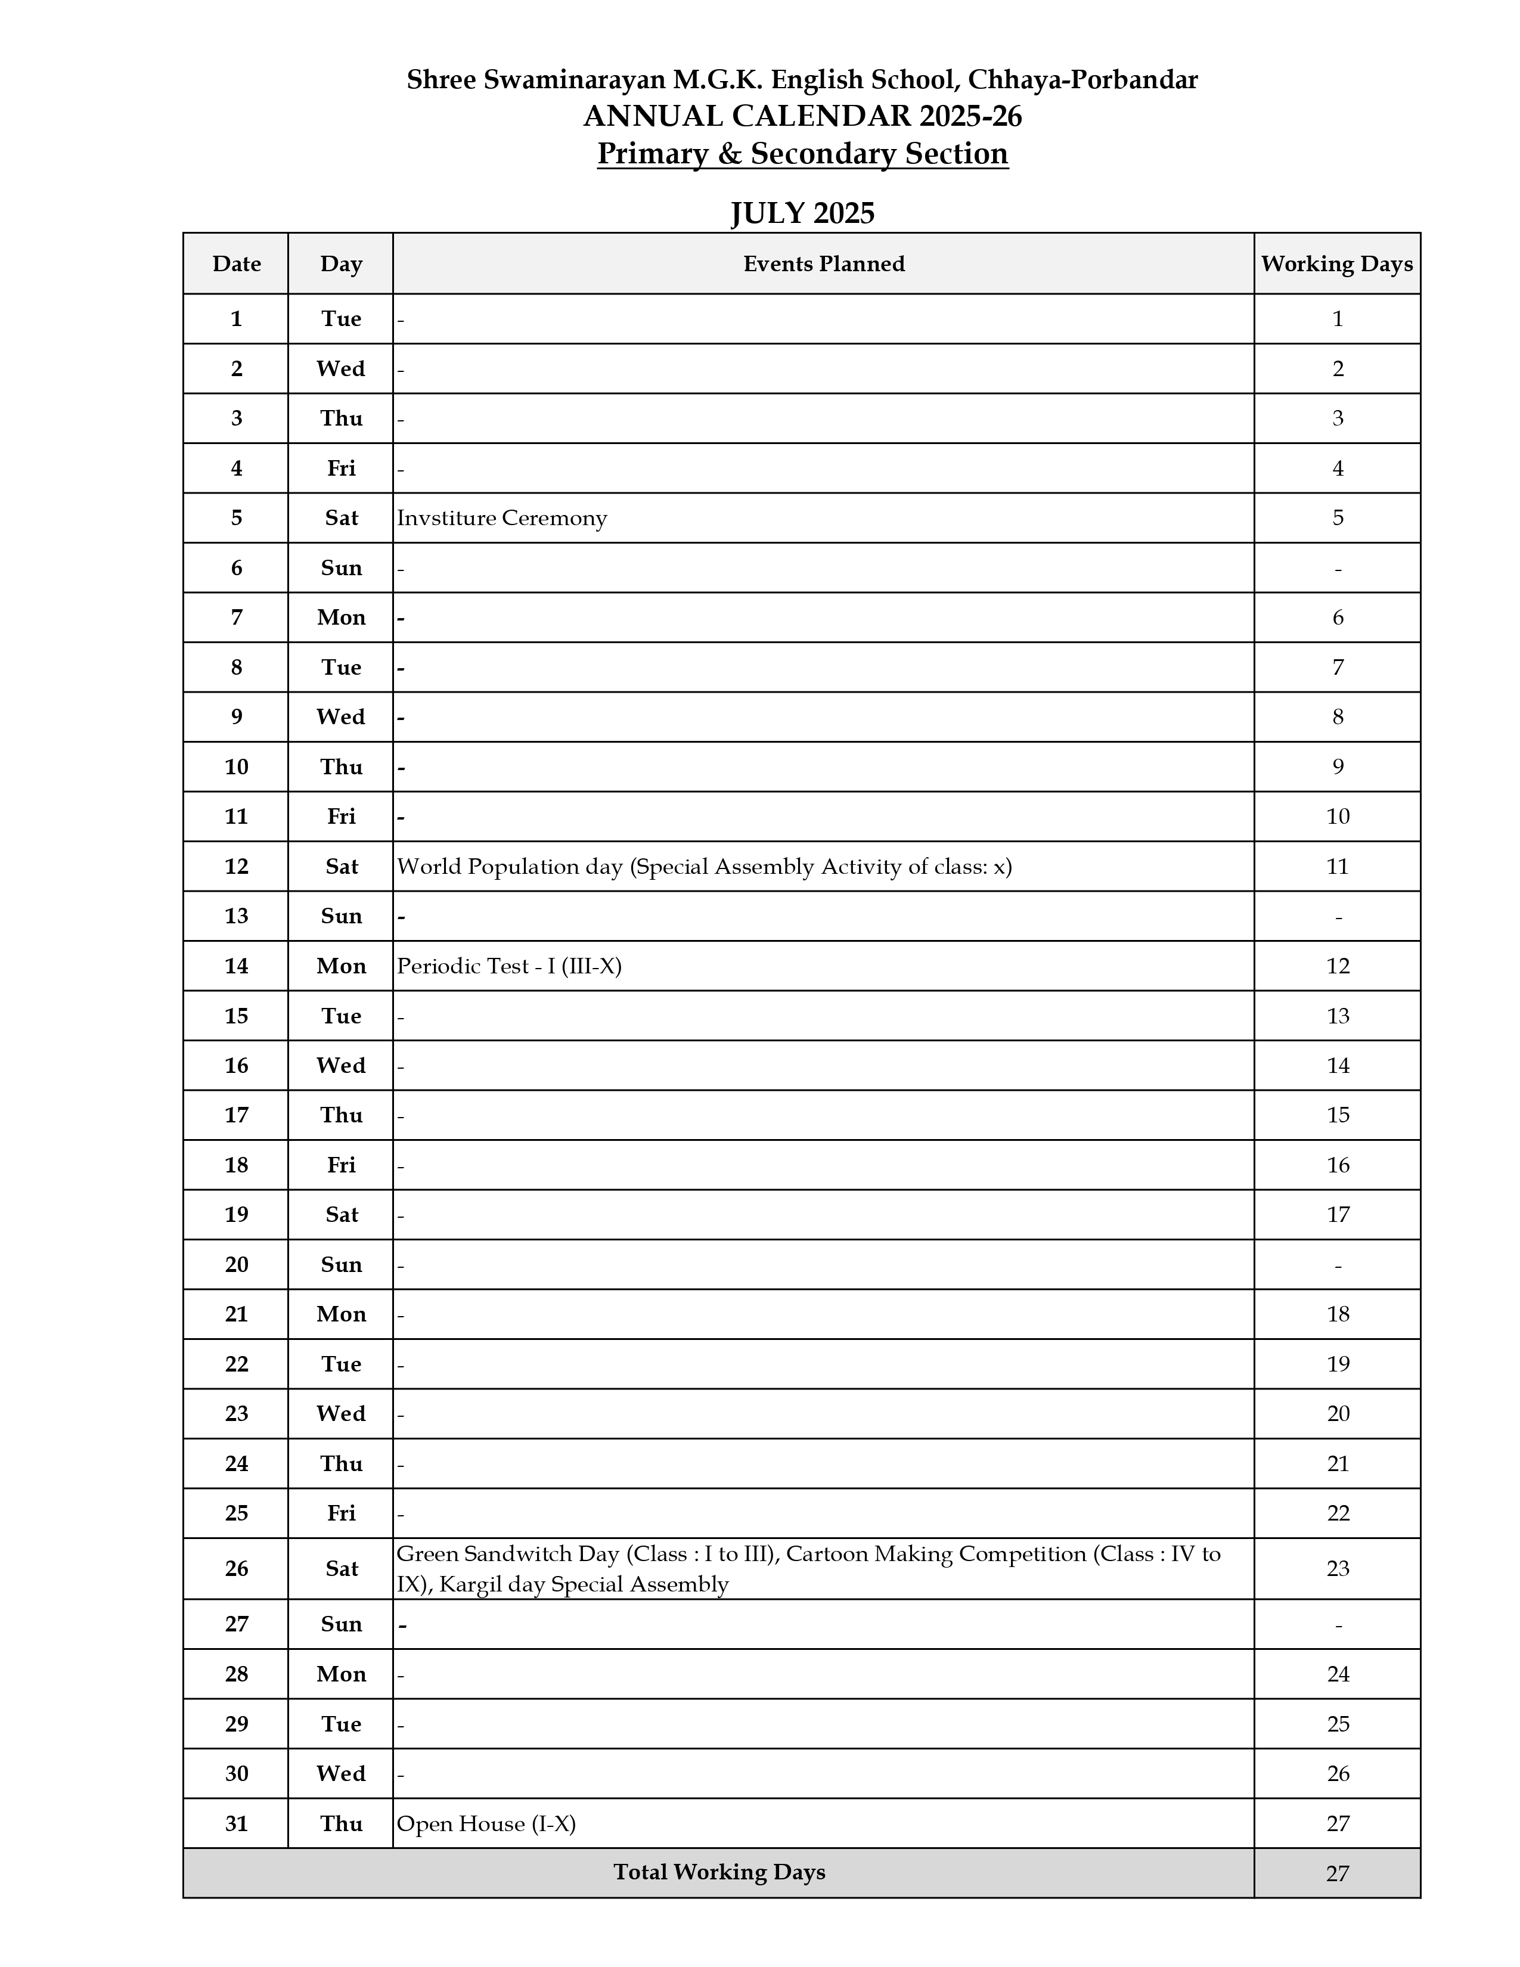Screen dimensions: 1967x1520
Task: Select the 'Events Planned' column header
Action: pos(823,264)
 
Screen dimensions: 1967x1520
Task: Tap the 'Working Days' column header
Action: pos(1336,264)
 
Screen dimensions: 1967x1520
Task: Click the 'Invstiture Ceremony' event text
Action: pos(501,518)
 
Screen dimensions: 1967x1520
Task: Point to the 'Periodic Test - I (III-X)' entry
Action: pos(509,966)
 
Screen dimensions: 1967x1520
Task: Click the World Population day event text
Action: pos(704,867)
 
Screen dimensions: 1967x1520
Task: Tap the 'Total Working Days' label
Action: pos(719,1872)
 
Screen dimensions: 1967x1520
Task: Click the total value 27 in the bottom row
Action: pos(1337,1874)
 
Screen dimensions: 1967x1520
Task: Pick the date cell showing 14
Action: pos(236,966)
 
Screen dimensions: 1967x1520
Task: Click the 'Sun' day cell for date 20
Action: pos(342,1264)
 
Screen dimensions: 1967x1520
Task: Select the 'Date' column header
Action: pos(236,264)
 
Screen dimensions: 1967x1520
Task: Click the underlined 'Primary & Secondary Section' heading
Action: pos(802,154)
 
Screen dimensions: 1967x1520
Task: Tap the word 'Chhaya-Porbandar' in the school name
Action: pos(1082,80)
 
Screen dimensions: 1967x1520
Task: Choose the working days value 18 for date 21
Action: pos(1337,1314)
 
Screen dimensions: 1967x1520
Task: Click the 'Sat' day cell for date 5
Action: pos(342,518)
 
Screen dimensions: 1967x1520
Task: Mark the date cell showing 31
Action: pos(236,1824)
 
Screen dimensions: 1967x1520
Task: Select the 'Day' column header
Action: pos(342,264)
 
